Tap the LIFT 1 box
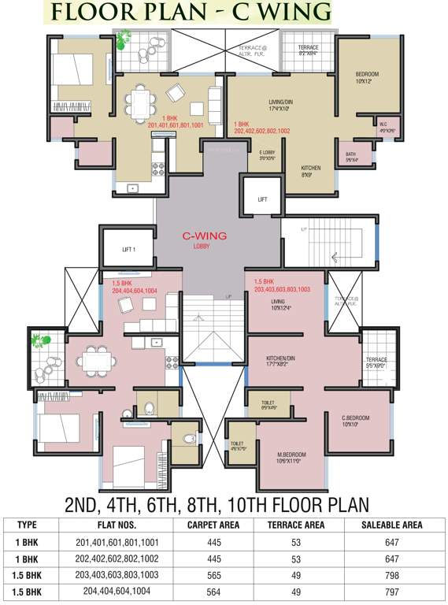coord(130,249)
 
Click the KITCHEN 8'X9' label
coord(311,171)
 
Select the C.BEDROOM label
coord(354,421)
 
